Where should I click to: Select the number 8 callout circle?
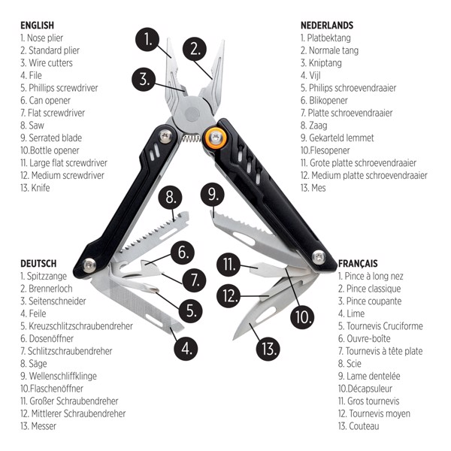(171, 198)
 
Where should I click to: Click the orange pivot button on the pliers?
(217, 137)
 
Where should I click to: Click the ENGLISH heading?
(37, 26)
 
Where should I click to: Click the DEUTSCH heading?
(38, 264)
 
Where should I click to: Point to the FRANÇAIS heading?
(358, 264)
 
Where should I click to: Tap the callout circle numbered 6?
(182, 253)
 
